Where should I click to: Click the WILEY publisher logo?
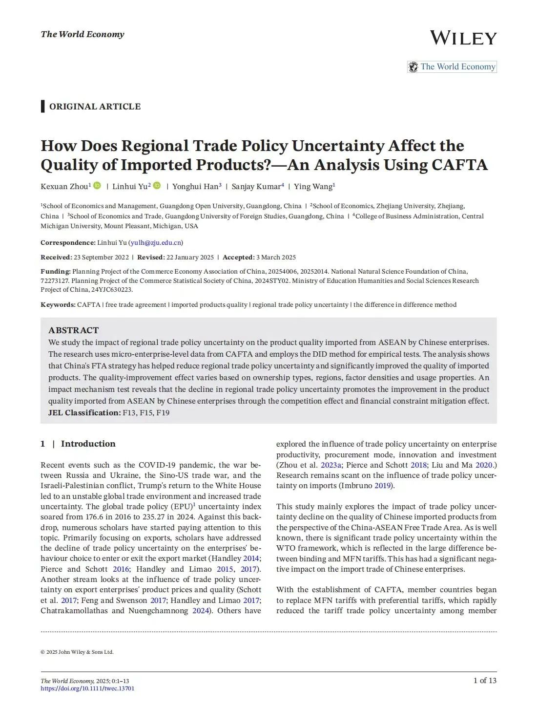[x=463, y=38]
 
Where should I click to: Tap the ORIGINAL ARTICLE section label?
[x=95, y=107]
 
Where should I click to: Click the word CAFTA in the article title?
[x=459, y=165]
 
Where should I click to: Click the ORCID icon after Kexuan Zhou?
[x=97, y=186]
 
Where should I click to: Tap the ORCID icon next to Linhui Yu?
[x=157, y=186]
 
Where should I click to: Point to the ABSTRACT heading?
[x=73, y=330]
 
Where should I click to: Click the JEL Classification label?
[x=84, y=413]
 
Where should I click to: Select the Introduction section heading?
[x=88, y=444]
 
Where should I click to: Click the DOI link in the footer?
[x=87, y=688]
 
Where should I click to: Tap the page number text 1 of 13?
[x=484, y=681]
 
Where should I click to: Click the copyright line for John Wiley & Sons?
[x=77, y=652]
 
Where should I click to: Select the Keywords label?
[x=58, y=305]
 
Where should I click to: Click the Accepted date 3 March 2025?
[x=276, y=257]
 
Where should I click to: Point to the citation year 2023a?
[x=331, y=465]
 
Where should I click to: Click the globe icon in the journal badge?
[x=414, y=67]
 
